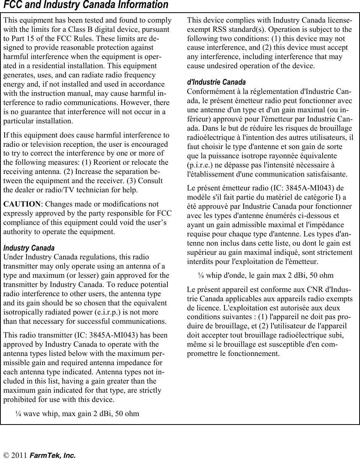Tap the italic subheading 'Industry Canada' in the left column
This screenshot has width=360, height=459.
(x=29, y=248)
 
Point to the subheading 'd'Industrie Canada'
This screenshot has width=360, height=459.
(x=216, y=83)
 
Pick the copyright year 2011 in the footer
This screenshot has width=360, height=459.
(x=19, y=455)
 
